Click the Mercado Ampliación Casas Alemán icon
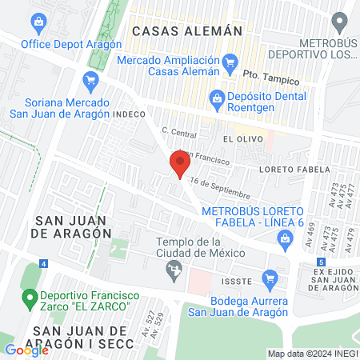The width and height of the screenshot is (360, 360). pyautogui.click(x=231, y=61)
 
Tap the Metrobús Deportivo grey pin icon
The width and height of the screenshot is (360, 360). pyautogui.click(x=341, y=22)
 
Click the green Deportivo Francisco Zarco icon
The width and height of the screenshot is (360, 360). pyautogui.click(x=30, y=300)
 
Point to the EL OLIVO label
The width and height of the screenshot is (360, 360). pyautogui.click(x=239, y=138)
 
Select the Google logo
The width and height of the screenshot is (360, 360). pyautogui.click(x=26, y=350)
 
